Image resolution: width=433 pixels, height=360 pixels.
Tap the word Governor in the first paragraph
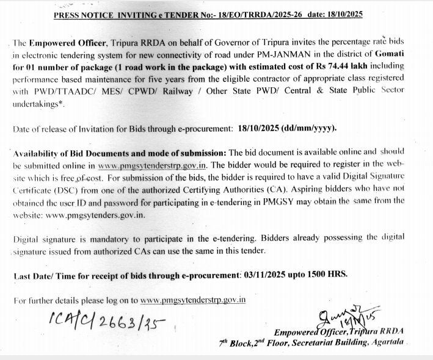(233, 43)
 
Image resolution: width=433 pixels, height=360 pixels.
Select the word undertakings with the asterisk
(37, 102)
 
